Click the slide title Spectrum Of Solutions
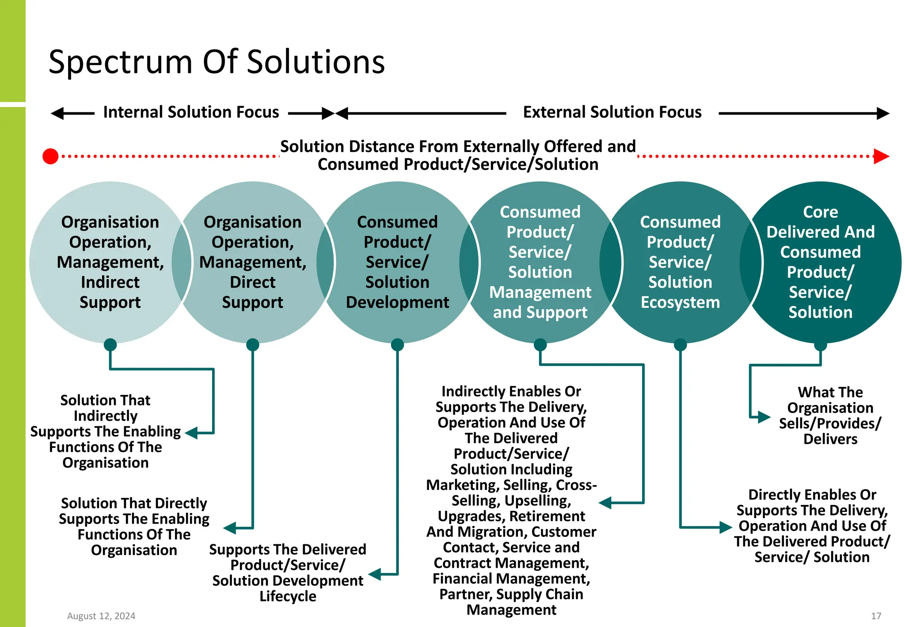click(x=217, y=62)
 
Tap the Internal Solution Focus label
click(x=191, y=112)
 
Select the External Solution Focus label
click(x=612, y=112)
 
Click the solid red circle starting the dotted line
click(x=50, y=156)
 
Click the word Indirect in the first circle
click(x=110, y=282)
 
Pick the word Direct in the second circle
click(x=252, y=282)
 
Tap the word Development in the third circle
click(x=397, y=302)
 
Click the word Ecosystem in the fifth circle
click(x=680, y=302)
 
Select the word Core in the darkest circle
click(x=820, y=212)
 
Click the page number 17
click(x=876, y=616)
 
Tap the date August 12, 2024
click(x=101, y=616)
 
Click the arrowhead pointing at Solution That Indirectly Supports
click(x=191, y=433)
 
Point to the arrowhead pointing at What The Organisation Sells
click(x=764, y=417)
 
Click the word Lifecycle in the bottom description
click(x=288, y=596)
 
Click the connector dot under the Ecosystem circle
click(x=680, y=345)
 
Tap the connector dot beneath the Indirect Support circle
click(x=110, y=345)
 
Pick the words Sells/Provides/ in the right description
click(x=830, y=424)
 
